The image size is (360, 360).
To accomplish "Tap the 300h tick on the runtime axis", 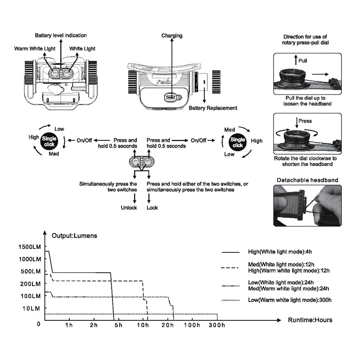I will pos(216,325).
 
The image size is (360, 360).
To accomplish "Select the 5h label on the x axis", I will pos(118,325).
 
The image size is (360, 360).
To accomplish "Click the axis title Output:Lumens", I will pos(74,235).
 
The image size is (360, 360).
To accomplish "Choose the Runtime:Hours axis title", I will pos(310,320).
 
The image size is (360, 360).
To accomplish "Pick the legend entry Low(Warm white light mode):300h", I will pos(290,300).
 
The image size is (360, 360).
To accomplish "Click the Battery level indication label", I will pos(61,35).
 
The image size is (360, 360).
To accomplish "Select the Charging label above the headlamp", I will pos(172,36).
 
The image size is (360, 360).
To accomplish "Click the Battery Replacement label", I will pos(213,108).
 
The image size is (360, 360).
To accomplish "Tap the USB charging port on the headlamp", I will pos(171,97).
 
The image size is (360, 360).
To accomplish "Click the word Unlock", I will pos(128,208).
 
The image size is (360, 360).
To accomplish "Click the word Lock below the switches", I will pos(153,208).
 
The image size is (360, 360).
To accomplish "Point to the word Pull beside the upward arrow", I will pos(303,60).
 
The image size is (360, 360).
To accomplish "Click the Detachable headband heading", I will pos(307,180).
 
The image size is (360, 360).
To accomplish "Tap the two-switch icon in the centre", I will pos(141,162).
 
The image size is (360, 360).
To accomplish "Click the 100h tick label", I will pos(193,325).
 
